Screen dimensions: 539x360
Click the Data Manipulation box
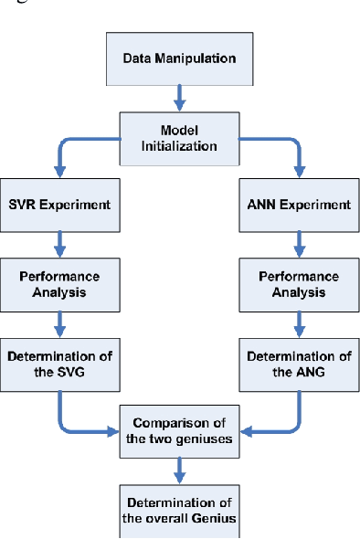(x=179, y=58)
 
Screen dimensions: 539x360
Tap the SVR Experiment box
(x=59, y=204)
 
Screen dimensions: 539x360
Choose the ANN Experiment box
(x=298, y=204)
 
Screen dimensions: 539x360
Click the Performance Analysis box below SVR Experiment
(x=59, y=283)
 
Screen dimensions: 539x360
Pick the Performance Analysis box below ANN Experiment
(x=298, y=283)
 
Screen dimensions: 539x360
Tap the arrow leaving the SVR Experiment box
(x=59, y=242)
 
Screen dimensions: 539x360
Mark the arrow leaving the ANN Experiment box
(x=298, y=242)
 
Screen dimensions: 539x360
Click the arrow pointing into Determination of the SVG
(x=59, y=322)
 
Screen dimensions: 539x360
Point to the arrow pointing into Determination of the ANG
(x=298, y=322)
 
